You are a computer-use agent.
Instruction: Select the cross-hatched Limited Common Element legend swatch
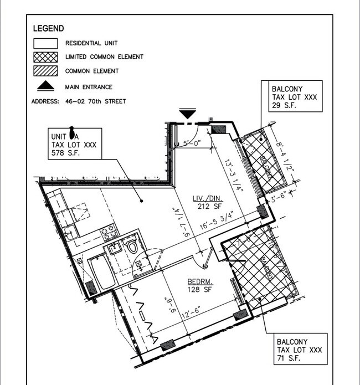point(45,57)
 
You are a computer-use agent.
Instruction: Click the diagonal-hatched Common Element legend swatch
point(45,71)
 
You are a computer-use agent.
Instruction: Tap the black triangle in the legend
point(45,86)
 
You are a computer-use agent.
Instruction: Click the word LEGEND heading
point(49,28)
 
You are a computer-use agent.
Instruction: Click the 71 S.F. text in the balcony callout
point(288,360)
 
